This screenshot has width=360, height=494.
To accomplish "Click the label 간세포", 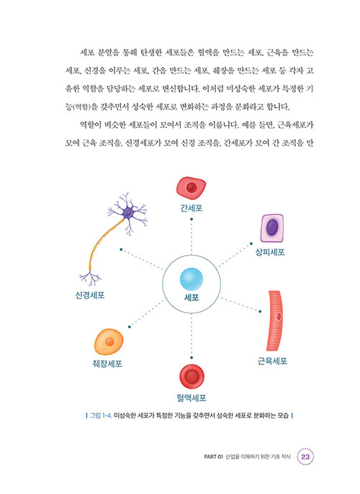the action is (x=192, y=208).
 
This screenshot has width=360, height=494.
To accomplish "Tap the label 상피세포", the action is (x=270, y=252).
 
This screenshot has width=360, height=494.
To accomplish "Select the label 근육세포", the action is (x=272, y=361).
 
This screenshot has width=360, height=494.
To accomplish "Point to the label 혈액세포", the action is (x=192, y=398).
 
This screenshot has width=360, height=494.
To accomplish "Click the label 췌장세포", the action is (x=107, y=364).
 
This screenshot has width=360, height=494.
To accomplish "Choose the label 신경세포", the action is (x=90, y=295).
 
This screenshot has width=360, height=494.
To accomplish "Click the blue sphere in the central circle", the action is (x=192, y=279).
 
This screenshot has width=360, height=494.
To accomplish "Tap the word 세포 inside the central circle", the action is (x=192, y=297).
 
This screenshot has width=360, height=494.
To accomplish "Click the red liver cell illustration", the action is (x=191, y=187).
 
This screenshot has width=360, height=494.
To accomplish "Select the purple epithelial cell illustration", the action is (x=272, y=228).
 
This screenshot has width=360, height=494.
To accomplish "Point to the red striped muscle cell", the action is (x=275, y=320).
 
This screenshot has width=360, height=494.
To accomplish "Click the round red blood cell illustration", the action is (x=192, y=377).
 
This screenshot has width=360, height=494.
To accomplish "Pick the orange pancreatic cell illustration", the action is (x=109, y=342).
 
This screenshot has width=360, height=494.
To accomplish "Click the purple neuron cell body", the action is (x=128, y=213).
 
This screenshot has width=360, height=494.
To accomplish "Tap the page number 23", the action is (x=305, y=457).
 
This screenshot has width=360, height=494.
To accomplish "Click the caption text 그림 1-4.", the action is (x=101, y=416).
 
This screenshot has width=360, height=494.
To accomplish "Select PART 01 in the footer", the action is (x=213, y=457).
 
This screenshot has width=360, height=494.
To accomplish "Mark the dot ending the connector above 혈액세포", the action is (x=192, y=358).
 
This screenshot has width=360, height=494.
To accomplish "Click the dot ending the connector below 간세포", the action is (x=192, y=219).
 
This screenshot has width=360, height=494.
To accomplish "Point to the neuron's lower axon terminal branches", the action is (x=91, y=278).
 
